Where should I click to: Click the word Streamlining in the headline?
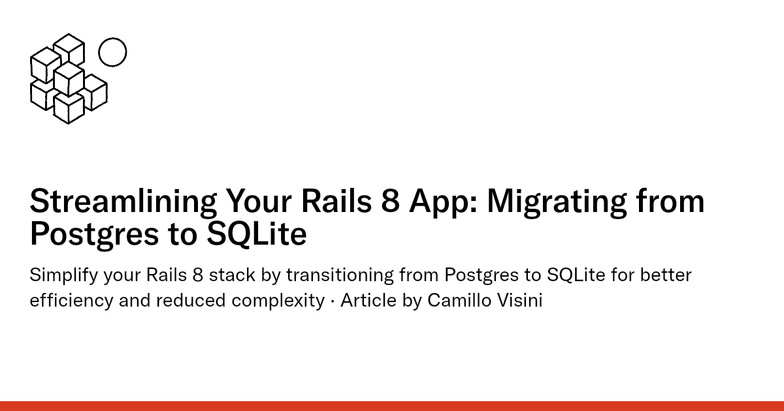tap(123, 202)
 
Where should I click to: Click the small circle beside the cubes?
tap(112, 52)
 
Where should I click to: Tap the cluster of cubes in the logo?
tap(68, 80)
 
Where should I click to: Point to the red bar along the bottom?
tap(392, 406)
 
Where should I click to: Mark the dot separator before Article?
tap(332, 301)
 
